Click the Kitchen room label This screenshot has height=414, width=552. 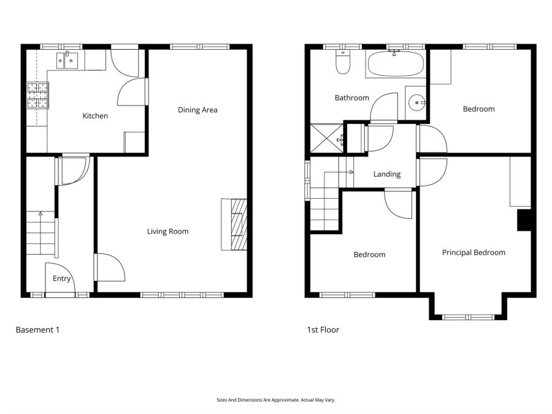click(x=95, y=116)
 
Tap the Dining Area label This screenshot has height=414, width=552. click(x=197, y=110)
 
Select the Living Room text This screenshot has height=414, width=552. click(x=167, y=231)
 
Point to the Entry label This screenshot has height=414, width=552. click(x=62, y=278)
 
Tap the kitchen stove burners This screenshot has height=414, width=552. click(x=37, y=96)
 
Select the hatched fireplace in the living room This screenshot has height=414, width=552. click(x=238, y=224)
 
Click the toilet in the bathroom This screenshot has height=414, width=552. click(x=342, y=63)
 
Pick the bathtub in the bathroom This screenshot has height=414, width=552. click(x=395, y=63)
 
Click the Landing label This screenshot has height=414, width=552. click(x=386, y=174)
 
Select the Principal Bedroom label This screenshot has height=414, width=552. click(x=473, y=252)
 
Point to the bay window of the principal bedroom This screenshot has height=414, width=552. click(x=469, y=316)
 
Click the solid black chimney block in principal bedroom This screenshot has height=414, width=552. click(x=524, y=220)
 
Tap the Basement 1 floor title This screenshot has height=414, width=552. click(x=37, y=329)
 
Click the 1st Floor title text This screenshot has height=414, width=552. click(x=323, y=329)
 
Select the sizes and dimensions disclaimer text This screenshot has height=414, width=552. click(x=275, y=400)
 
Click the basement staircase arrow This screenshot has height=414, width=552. click(x=40, y=215)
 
